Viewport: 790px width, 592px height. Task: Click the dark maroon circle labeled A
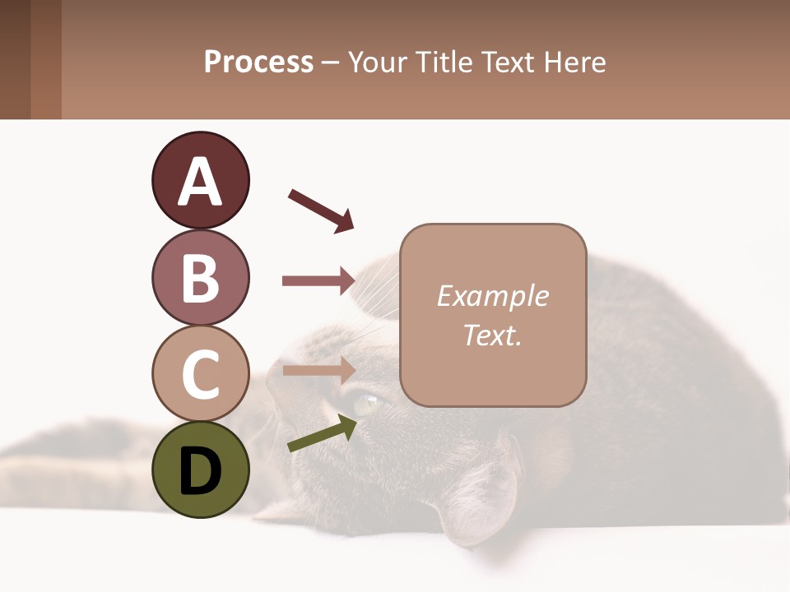pos(200,180)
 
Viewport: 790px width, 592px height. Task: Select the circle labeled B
pos(200,277)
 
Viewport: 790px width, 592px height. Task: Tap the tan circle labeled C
pos(200,373)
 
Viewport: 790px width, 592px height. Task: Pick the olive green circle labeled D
pos(200,470)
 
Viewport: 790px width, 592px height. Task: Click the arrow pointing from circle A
pos(321,210)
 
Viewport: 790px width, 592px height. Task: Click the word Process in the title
pos(258,62)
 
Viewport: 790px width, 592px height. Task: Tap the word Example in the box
pos(492,296)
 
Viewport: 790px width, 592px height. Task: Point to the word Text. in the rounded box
pos(492,335)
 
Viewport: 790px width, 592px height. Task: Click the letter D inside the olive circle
pos(200,473)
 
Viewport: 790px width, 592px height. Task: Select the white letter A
pos(200,182)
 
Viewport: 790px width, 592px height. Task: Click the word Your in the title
pos(379,62)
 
